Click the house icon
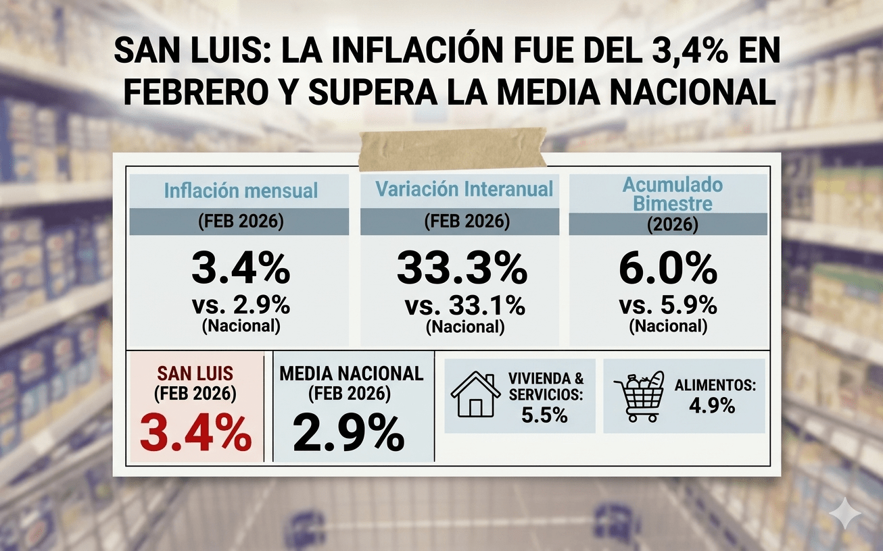(475, 394)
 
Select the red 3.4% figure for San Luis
(195, 433)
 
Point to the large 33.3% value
(462, 268)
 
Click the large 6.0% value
(668, 268)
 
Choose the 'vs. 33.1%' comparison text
(464, 305)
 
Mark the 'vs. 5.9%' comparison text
(668, 305)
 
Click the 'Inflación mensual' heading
(241, 190)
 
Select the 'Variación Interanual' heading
(464, 189)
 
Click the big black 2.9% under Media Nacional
(348, 433)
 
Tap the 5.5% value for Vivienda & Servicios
(544, 415)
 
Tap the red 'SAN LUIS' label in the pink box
(195, 373)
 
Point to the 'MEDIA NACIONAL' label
(351, 373)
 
